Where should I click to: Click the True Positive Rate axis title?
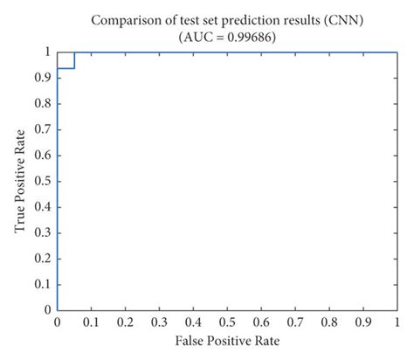[20, 180]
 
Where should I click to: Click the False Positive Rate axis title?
[224, 342]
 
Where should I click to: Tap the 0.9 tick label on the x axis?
[362, 322]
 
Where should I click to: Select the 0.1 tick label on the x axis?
[91, 322]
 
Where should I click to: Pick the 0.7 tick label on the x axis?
[293, 322]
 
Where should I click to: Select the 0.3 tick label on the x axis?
[158, 322]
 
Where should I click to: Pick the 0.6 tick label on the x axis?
[260, 322]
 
